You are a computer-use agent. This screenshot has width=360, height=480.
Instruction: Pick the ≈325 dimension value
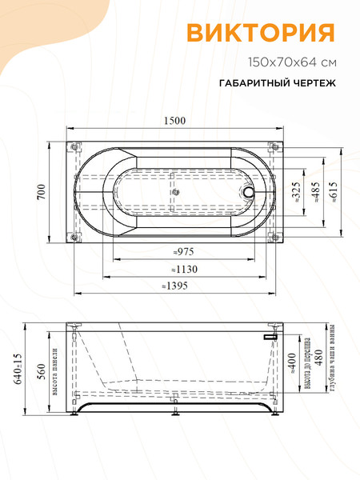click(x=296, y=192)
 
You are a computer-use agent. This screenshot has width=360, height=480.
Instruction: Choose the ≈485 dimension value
click(x=316, y=192)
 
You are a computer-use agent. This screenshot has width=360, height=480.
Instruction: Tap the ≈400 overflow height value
click(x=294, y=368)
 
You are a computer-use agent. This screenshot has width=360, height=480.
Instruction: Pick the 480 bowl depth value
click(x=318, y=361)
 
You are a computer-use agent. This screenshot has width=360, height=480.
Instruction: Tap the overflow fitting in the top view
click(x=250, y=192)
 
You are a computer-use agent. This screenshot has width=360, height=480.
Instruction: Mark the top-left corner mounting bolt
click(x=74, y=147)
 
